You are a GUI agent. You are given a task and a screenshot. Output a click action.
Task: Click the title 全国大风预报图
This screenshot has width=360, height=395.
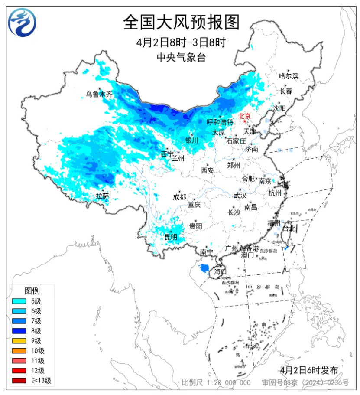[181, 22]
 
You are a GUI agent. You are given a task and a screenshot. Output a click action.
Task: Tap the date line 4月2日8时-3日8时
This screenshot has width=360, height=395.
[181, 42]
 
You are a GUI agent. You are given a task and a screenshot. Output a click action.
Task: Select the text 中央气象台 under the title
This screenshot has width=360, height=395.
[181, 57]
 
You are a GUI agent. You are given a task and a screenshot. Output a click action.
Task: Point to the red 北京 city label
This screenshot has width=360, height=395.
[244, 116]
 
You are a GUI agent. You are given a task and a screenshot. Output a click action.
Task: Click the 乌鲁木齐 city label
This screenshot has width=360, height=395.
[99, 94]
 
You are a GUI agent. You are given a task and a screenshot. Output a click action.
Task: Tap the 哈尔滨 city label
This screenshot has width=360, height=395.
[289, 76]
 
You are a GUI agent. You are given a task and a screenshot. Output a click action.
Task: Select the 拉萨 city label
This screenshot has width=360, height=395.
[102, 196]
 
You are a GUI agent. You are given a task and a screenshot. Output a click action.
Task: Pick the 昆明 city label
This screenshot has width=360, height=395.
[171, 237]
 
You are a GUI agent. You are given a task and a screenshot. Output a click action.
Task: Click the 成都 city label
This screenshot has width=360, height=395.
[179, 197]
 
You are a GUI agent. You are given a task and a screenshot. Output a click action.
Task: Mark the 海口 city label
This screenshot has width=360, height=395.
[220, 272]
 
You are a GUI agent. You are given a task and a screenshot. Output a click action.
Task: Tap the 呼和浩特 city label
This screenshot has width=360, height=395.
[220, 122]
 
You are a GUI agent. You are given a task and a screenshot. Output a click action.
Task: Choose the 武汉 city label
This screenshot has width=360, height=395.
[240, 196]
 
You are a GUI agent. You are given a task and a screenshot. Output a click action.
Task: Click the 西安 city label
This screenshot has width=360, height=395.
[207, 170]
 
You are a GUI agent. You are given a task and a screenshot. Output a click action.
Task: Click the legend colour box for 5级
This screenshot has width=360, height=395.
[19, 301]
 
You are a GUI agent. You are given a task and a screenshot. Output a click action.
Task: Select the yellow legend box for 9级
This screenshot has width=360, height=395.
[19, 341]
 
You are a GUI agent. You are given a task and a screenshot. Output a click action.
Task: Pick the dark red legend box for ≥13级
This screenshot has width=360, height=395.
[19, 381]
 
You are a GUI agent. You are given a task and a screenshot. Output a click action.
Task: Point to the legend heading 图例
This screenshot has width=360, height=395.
[32, 290]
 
